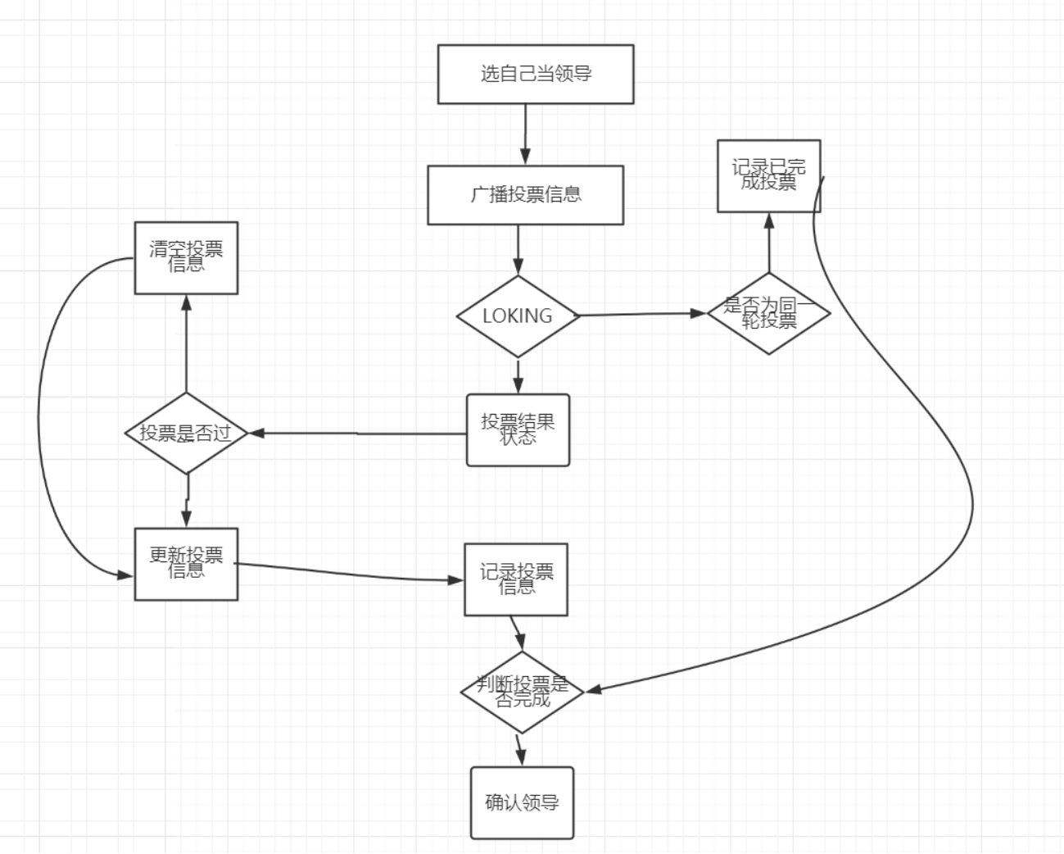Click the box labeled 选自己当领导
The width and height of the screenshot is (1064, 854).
[x=536, y=74]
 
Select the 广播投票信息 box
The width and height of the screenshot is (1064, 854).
[x=525, y=195]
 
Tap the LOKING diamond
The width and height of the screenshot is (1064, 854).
[x=518, y=316]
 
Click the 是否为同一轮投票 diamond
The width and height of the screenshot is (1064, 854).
[x=768, y=312]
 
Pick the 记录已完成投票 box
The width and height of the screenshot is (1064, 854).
[x=768, y=175]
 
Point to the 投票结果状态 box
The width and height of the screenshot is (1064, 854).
[x=518, y=430]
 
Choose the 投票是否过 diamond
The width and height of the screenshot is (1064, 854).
[x=186, y=433]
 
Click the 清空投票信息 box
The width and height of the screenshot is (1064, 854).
[x=186, y=257]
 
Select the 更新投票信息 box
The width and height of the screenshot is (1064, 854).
[x=186, y=564]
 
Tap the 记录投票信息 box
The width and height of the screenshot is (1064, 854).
[x=516, y=579]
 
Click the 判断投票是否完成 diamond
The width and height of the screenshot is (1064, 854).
[x=522, y=692]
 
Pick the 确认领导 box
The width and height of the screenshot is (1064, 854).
[x=522, y=802]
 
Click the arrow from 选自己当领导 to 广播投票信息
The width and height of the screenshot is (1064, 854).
[x=525, y=134]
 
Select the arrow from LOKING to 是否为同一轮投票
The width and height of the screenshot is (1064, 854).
[x=643, y=314]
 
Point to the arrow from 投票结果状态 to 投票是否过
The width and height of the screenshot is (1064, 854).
[x=357, y=433]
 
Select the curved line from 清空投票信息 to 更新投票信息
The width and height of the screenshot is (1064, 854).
[x=39, y=418]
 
